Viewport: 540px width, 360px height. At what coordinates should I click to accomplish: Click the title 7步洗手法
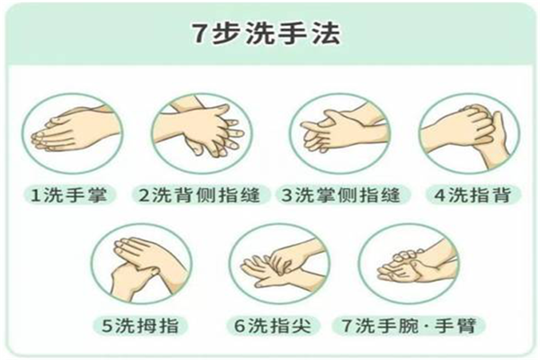tap(265, 33)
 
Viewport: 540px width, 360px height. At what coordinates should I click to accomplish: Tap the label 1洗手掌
tap(69, 195)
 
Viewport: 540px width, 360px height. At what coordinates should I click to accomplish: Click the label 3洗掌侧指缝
tap(341, 195)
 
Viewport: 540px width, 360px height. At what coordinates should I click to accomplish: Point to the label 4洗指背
tap(472, 195)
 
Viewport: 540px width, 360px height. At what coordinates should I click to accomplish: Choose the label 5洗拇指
tap(140, 325)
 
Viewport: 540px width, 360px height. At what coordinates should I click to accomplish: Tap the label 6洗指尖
tap(273, 325)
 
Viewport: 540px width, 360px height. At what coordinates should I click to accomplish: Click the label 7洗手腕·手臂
tap(409, 325)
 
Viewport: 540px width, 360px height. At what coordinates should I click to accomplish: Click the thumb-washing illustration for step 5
tap(141, 264)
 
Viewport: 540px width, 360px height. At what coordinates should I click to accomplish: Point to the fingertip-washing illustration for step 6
tap(279, 264)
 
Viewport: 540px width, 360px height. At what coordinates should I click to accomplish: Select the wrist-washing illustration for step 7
tap(409, 264)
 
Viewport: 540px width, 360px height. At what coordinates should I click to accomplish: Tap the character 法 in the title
tap(327, 33)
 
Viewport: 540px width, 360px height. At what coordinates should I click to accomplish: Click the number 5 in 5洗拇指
tap(107, 326)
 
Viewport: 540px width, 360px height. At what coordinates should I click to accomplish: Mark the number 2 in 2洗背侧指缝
tap(145, 195)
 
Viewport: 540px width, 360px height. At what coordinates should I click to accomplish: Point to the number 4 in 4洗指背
tap(440, 195)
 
